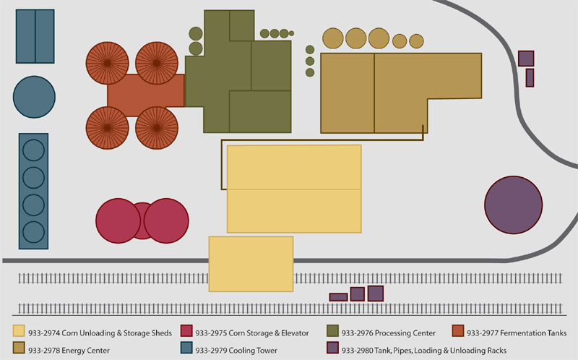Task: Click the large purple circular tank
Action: pos(513,205)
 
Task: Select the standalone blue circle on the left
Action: pos(34,97)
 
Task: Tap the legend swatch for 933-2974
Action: pos(19,331)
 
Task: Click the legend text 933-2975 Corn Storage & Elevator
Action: pos(251,333)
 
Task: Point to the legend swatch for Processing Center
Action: pos(332,331)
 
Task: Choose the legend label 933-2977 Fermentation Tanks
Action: pos(517,333)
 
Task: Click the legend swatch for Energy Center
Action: pos(19,348)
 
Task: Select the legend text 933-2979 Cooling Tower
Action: pos(236,351)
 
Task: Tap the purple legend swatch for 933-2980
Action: pos(332,348)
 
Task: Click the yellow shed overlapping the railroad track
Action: pos(251,264)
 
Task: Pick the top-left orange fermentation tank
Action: pos(107,63)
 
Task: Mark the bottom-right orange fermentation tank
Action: pos(157,128)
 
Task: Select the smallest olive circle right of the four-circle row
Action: pos(291,33)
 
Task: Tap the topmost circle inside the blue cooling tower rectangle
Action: pos(33,150)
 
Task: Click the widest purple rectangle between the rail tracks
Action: pos(338,297)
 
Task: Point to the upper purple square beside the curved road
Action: pos(526,59)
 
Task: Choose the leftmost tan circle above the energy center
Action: pos(333,38)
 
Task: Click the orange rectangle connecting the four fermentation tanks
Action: pos(146,95)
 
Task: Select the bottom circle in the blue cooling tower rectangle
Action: pos(33,232)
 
